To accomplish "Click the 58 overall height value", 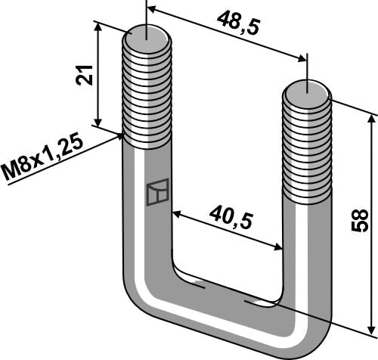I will (361, 222).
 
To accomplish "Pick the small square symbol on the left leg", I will (156, 192).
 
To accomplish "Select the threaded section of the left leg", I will (145, 91).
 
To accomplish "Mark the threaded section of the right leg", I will (308, 151).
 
